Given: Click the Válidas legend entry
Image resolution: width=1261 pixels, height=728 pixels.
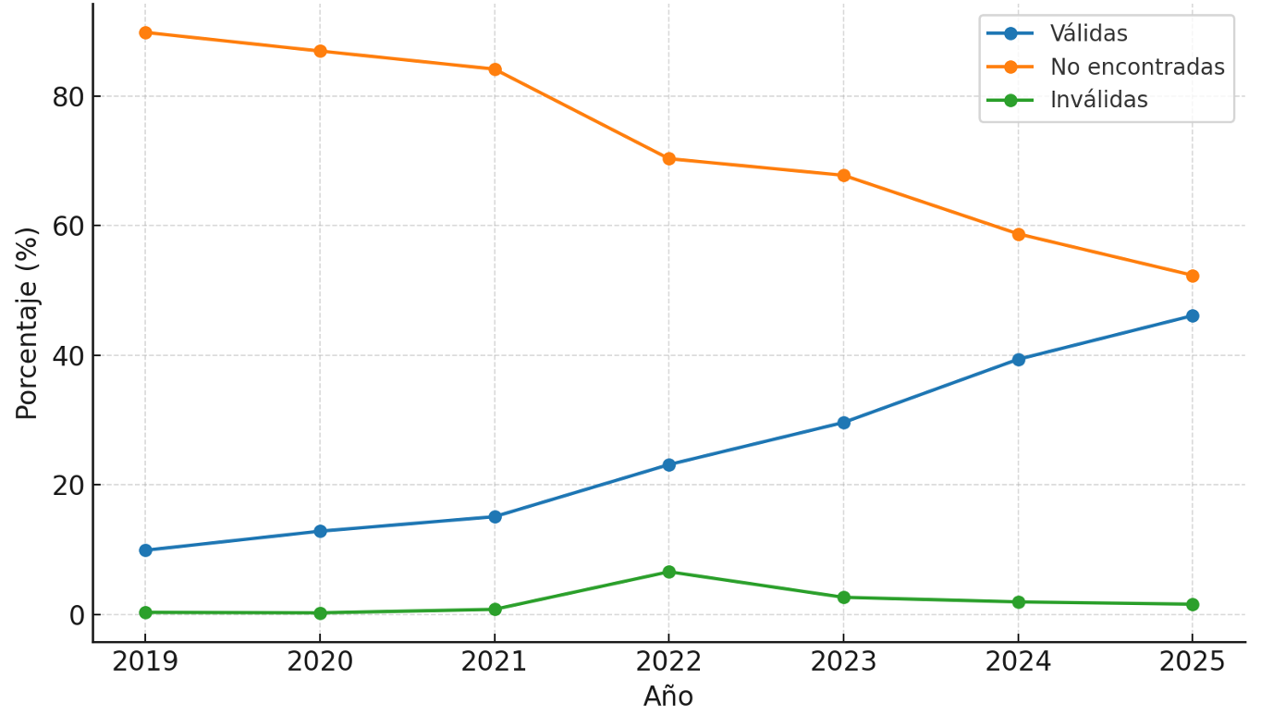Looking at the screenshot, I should point(1088,34).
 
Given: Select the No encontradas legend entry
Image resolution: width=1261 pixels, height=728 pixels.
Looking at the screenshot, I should point(1136,68).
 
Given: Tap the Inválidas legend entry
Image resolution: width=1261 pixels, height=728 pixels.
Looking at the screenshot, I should point(1098,100).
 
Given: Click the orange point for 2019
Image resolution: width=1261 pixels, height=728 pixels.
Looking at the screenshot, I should point(145,32).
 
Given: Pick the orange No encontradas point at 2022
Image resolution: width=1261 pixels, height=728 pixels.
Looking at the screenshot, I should point(668,158).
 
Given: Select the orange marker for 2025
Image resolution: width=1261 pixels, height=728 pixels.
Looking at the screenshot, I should point(1192,276).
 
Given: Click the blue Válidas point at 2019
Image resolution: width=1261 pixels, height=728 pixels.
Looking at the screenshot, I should point(145,550).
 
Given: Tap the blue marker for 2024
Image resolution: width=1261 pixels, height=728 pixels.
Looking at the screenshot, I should point(1018,360).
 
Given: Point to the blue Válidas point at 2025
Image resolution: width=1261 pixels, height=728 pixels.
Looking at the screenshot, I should point(1192,315).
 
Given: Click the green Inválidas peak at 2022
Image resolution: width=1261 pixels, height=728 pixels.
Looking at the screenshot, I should point(668,572).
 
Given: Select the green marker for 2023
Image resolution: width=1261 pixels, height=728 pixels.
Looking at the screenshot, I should point(843,598).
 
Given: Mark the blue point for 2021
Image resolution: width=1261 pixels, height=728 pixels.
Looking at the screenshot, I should point(495,517).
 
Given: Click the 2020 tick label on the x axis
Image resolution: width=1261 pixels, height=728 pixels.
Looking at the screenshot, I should point(320,662).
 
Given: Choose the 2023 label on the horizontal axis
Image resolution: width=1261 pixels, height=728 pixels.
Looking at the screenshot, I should point(843,662).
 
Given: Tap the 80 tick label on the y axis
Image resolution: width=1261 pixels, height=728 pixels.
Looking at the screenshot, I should point(68,97).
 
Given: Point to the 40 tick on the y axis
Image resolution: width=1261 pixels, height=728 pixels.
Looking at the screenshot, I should point(68,356).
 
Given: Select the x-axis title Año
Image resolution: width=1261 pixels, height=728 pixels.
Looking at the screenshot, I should point(667,697).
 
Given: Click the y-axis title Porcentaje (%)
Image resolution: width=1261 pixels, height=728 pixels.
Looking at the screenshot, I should point(27,323).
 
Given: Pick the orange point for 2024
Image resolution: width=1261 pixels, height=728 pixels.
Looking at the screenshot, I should point(1018,234).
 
